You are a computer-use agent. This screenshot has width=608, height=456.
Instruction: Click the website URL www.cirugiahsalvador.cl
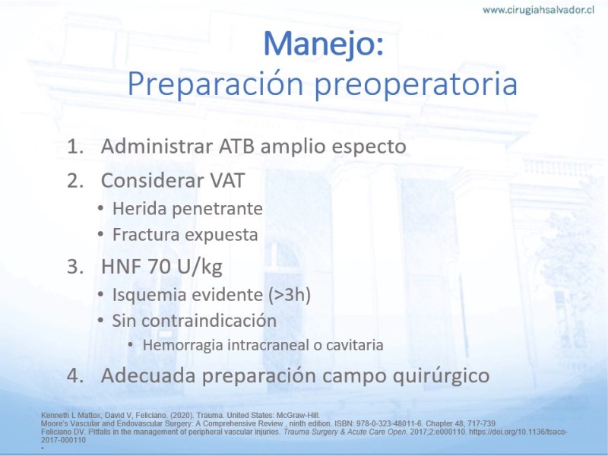pyautogui.click(x=538, y=10)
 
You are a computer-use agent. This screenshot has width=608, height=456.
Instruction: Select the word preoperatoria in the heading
pyautogui.click(x=416, y=84)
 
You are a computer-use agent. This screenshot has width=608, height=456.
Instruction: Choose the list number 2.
pyautogui.click(x=74, y=181)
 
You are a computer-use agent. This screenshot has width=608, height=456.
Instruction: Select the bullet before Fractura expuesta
pyautogui.click(x=101, y=235)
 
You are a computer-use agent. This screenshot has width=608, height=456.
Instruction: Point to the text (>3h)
pyautogui.click(x=290, y=295)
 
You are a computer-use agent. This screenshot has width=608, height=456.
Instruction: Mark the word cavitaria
pyautogui.click(x=354, y=345)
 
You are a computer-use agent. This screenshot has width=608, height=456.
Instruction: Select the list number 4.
pyautogui.click(x=74, y=375)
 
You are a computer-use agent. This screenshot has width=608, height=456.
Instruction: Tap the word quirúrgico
pyautogui.click(x=441, y=376)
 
